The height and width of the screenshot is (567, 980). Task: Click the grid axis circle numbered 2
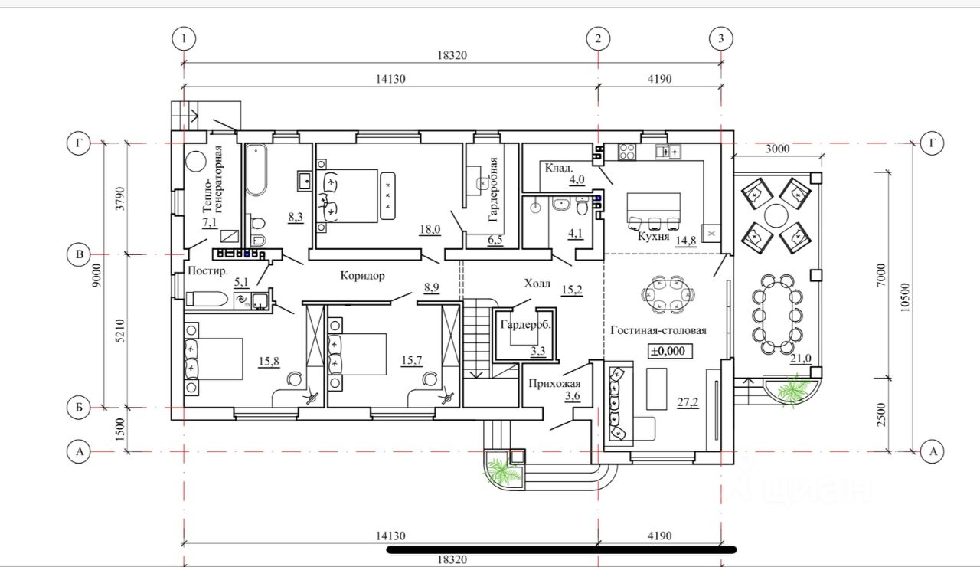598,38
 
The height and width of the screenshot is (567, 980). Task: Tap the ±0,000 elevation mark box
670,351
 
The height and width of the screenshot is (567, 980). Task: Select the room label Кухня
654,237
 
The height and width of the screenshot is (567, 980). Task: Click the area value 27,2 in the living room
688,402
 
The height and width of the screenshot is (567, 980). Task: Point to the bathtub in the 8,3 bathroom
256,170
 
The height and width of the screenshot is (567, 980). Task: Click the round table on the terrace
776,216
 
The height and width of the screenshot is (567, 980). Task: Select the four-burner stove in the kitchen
627,152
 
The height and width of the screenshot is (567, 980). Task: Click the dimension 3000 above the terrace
777,149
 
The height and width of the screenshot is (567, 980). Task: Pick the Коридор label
363,276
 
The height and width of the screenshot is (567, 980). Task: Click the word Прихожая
554,384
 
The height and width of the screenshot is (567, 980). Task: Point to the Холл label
537,283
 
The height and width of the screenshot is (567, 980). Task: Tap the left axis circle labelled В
79,254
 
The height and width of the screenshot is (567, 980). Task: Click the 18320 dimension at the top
452,55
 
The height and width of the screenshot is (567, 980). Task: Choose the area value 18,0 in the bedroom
430,230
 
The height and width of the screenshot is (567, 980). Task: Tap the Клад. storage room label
559,168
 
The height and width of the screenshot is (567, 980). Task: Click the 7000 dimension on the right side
881,275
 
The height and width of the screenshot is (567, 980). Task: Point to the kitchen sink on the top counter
668,152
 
